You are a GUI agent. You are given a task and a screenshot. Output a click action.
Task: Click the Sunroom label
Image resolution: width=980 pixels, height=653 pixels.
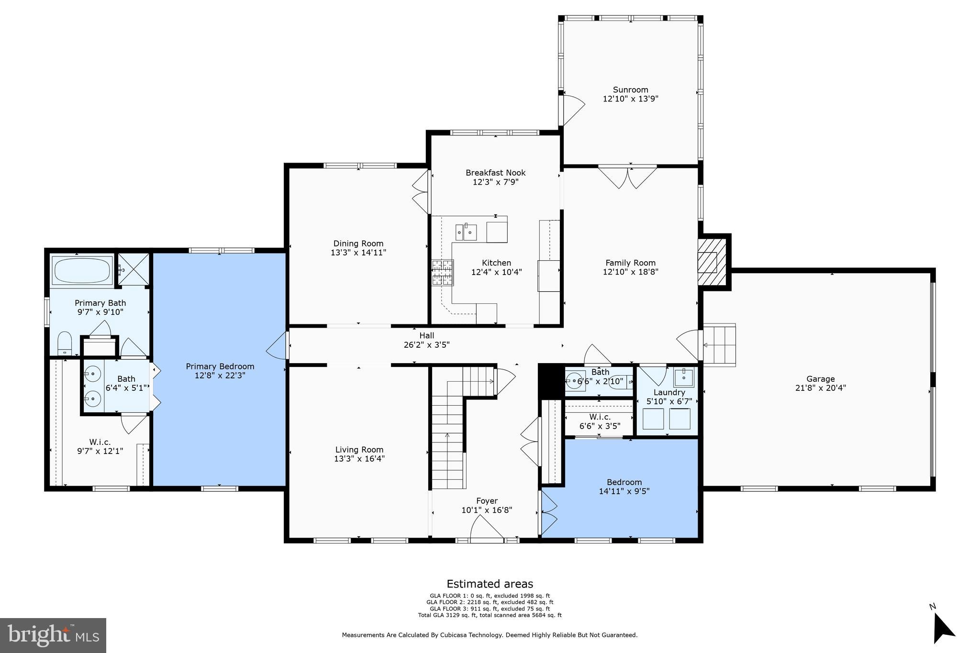click(x=630, y=90)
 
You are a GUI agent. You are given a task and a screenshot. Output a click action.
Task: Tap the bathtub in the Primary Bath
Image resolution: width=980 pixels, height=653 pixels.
click(x=83, y=271)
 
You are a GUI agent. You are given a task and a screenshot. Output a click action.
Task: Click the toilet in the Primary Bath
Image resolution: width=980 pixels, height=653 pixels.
click(x=65, y=343)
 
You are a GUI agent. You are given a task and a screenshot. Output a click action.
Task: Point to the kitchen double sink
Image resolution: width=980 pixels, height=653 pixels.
click(x=466, y=232)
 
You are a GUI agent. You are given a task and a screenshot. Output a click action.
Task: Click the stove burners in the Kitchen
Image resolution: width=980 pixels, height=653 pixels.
click(x=443, y=273)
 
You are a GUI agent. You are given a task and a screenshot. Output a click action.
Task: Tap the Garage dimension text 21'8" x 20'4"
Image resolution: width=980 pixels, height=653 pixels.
click(x=820, y=388)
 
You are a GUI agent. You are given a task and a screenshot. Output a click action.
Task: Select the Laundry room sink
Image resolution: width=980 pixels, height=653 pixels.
click(x=683, y=378)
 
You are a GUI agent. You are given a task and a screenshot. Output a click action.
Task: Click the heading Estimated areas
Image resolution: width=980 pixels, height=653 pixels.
click(x=490, y=584)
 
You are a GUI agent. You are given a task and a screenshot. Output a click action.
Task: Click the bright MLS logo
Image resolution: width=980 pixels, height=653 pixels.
click(x=53, y=635)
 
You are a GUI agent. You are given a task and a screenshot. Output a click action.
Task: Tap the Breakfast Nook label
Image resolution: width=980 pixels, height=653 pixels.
click(x=495, y=173)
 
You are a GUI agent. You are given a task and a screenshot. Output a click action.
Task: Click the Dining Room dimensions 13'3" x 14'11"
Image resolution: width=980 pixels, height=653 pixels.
click(x=358, y=253)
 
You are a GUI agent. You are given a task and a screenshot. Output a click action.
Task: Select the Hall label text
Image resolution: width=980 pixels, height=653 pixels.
click(x=426, y=336)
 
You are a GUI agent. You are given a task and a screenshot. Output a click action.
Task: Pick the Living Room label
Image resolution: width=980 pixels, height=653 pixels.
click(x=359, y=450)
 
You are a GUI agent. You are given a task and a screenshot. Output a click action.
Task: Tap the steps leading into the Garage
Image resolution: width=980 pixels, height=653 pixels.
click(x=719, y=344)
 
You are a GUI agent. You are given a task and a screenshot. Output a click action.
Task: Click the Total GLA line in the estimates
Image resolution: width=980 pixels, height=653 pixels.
click(x=490, y=615)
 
